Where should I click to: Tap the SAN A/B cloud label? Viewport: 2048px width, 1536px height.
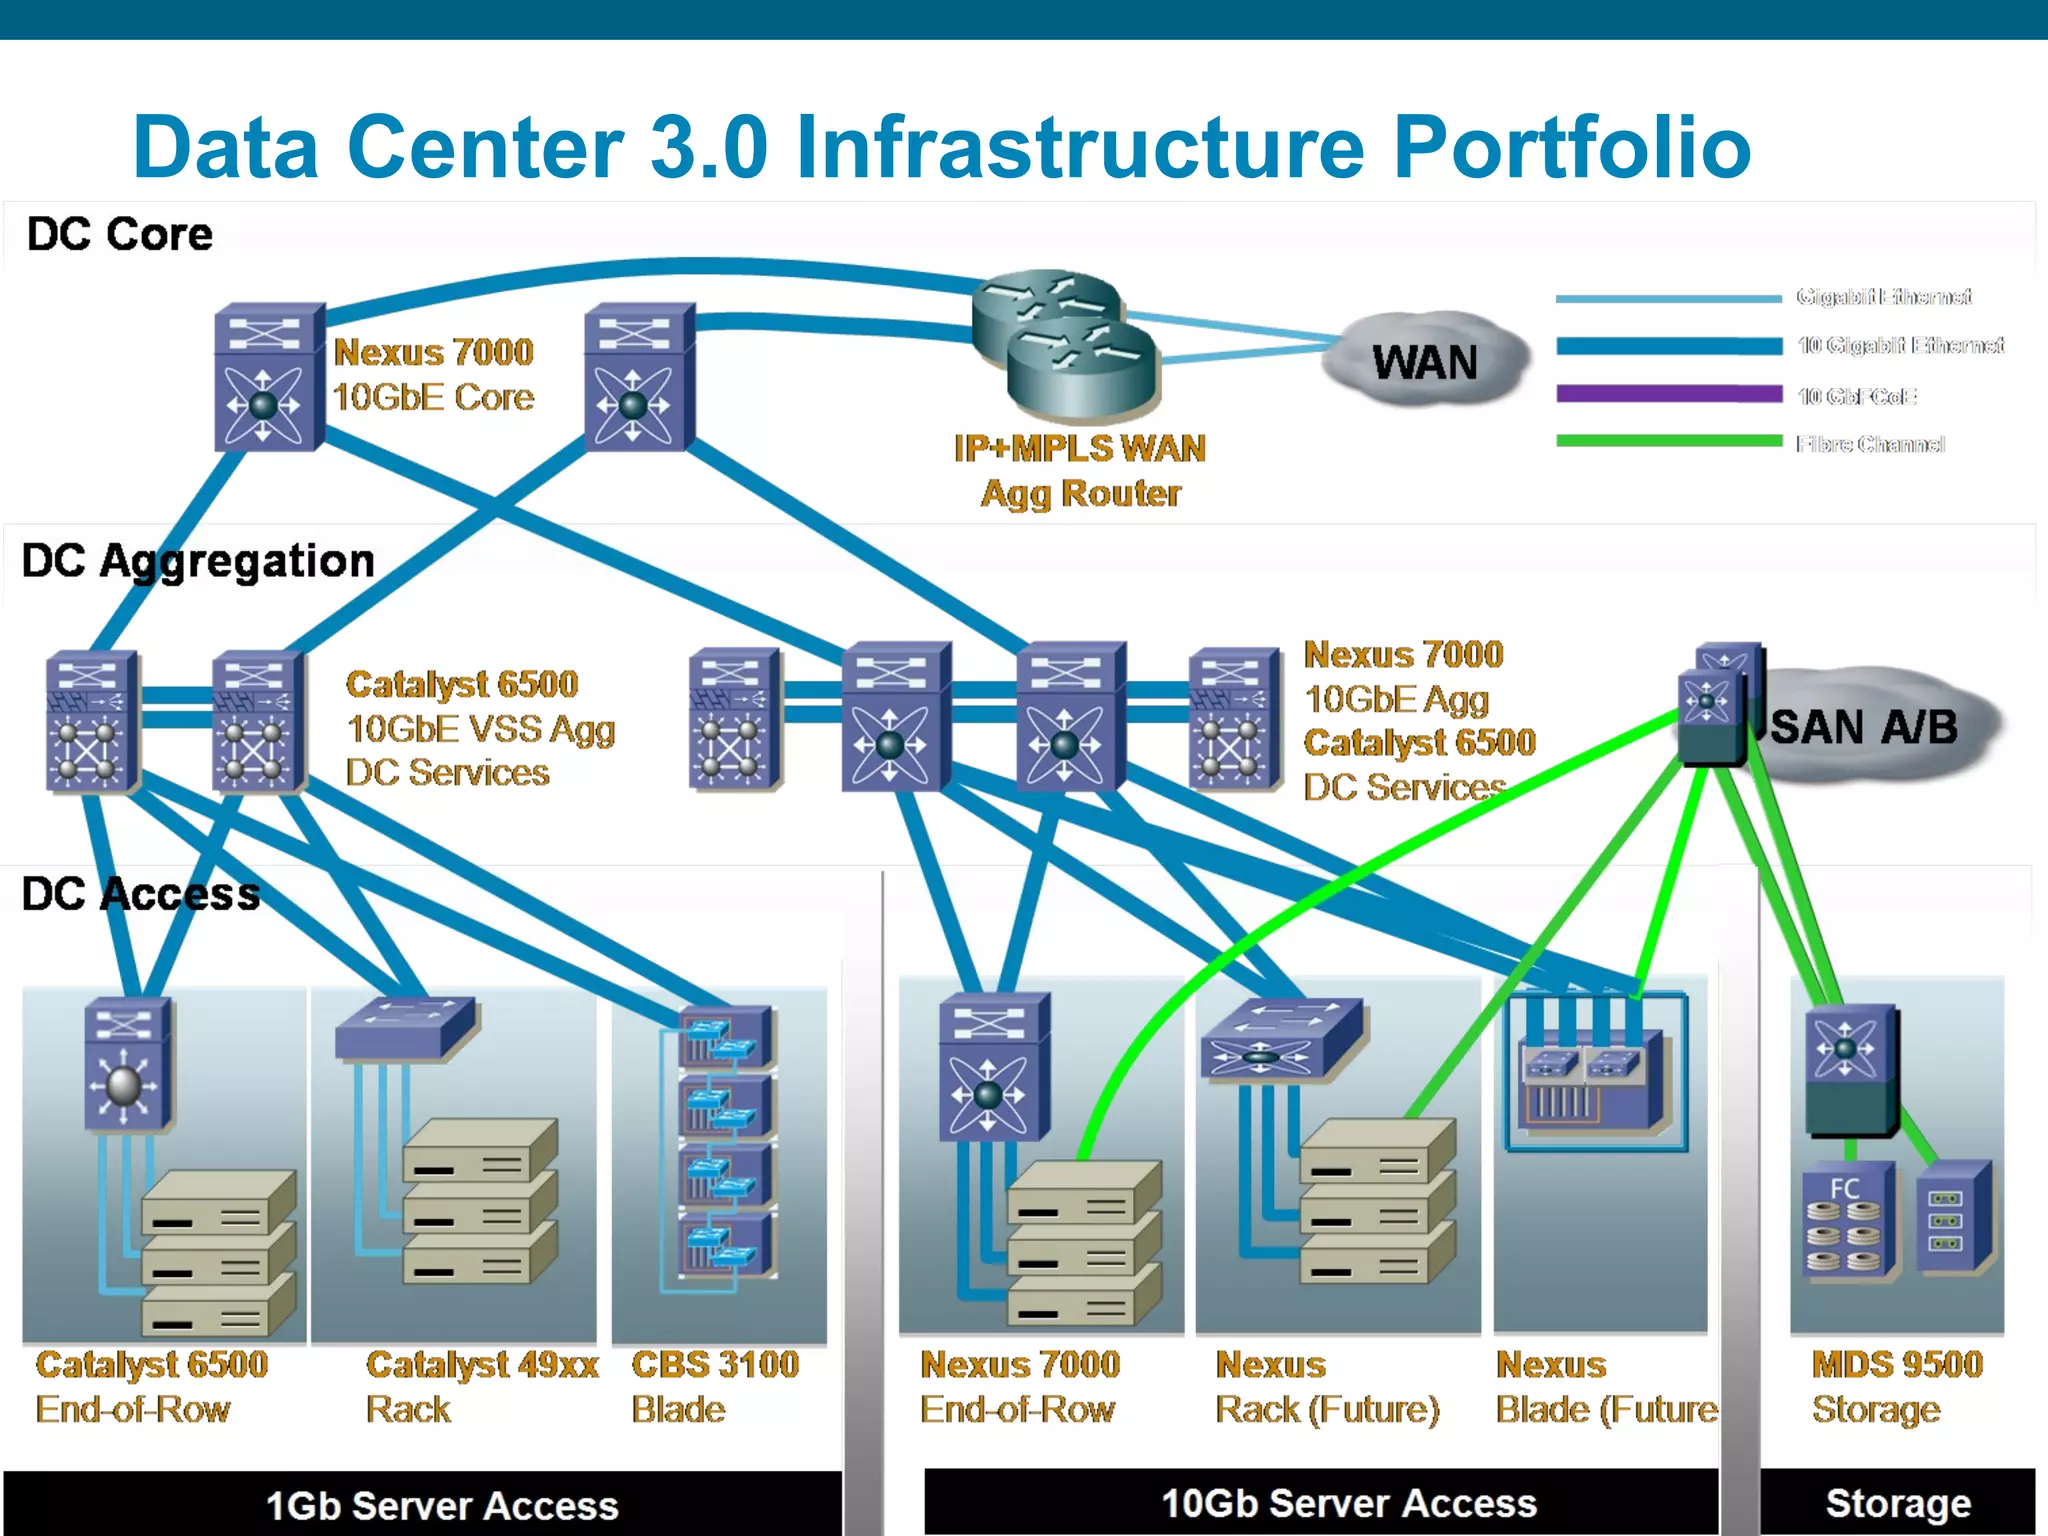[1863, 727]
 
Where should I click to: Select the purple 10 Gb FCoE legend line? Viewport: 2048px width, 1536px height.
[1669, 394]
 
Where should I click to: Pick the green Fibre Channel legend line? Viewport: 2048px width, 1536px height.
[1669, 441]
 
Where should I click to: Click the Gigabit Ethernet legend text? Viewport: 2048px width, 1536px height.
[1883, 297]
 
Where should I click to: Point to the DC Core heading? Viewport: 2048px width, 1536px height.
[120, 235]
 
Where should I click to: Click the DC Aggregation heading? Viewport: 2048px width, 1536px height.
[198, 561]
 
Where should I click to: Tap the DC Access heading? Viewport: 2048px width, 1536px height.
[141, 894]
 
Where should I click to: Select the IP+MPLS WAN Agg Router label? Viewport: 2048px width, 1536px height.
[1080, 471]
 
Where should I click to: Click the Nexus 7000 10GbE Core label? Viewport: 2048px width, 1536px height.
[433, 375]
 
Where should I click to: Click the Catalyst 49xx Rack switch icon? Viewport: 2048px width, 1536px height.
[405, 1028]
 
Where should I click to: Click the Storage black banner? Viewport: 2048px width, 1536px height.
[1897, 1502]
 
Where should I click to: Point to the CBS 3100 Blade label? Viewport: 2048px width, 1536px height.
[714, 1386]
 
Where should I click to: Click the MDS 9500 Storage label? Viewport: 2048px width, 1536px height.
[1896, 1386]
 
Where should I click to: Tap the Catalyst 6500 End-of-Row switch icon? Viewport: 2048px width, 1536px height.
[126, 1066]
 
